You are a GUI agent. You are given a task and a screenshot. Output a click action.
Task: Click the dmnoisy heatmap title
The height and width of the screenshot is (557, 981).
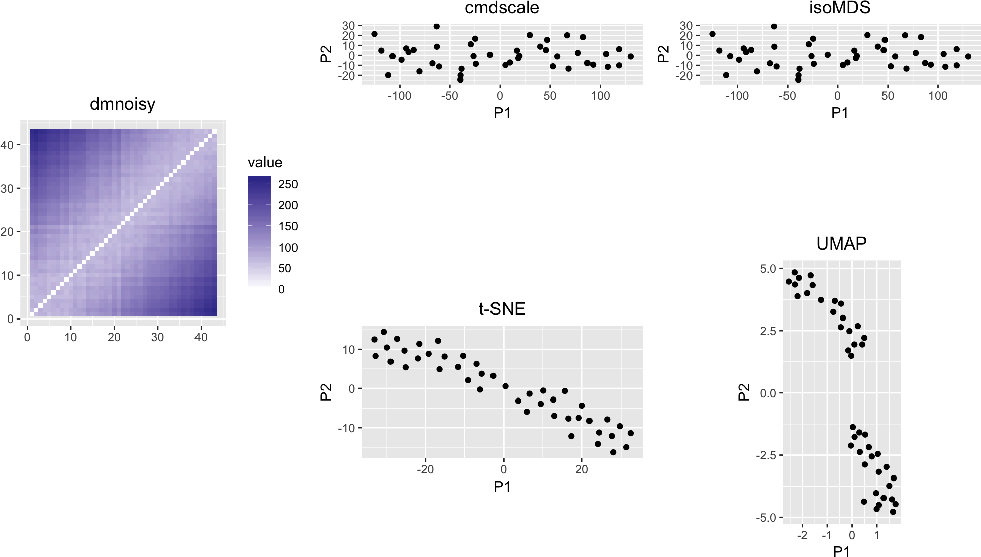tap(123, 104)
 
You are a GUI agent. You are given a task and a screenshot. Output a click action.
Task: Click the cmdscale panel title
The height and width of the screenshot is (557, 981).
tap(502, 8)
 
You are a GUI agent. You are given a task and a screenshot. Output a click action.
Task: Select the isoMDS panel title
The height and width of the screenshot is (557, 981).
tap(840, 8)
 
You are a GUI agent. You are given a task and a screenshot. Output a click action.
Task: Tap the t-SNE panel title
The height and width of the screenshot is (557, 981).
tap(502, 308)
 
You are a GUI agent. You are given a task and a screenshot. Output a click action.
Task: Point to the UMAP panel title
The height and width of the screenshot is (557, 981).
tap(841, 244)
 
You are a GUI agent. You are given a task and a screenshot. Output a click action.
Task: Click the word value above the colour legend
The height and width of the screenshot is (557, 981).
tap(265, 163)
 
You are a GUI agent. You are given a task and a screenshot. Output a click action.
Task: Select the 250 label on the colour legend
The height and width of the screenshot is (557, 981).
tap(288, 184)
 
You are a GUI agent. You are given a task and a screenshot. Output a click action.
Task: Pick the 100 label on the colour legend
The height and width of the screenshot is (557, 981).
tap(288, 248)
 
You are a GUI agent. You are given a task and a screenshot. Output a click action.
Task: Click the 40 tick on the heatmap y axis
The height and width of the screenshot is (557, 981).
tap(7, 145)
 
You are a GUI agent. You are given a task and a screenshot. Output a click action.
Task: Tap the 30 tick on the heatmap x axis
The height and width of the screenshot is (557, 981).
tap(157, 337)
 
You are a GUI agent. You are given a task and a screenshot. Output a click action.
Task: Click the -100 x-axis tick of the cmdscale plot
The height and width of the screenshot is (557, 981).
tap(400, 96)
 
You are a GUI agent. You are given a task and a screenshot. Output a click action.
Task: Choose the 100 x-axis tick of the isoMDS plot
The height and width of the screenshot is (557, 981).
tap(938, 96)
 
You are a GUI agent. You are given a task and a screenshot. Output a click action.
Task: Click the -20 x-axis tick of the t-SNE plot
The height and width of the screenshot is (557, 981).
tap(425, 470)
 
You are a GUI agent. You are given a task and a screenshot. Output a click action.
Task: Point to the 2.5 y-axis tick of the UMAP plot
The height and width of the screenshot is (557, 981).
tap(768, 331)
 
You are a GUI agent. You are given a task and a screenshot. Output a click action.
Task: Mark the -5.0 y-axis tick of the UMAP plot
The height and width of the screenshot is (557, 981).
tap(766, 518)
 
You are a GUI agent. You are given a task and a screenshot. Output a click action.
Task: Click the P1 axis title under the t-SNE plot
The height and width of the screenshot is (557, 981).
tap(502, 487)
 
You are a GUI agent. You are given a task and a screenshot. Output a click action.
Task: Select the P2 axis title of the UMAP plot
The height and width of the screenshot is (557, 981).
tap(744, 392)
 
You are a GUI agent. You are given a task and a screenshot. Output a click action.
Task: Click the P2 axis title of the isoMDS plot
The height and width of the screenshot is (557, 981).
tap(663, 54)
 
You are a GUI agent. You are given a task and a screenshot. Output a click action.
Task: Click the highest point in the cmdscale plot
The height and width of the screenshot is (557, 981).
tap(436, 26)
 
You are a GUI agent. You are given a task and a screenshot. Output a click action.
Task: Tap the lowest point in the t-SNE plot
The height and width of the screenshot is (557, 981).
tap(613, 452)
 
